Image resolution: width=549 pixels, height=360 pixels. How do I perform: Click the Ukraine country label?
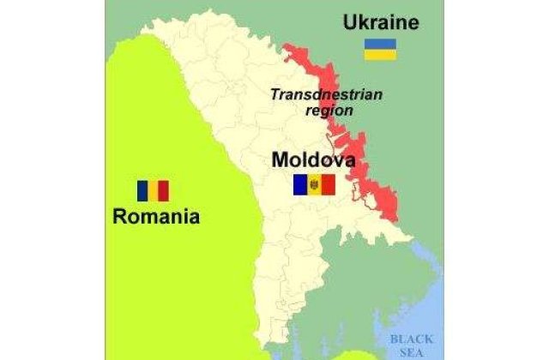tap(381, 21)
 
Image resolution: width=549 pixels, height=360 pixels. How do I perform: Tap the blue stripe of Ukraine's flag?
tap(378, 43)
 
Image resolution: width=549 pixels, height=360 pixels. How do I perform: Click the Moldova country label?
tap(313, 159)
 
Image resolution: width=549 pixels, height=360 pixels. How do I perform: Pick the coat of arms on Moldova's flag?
tap(313, 184)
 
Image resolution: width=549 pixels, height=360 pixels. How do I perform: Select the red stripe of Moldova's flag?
tap(328, 184)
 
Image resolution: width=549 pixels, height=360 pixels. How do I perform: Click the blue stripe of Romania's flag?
tap(141, 190)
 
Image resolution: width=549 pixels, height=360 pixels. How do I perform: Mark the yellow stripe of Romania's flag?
tap(153, 190)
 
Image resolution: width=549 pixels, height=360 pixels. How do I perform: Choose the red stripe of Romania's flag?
tap(164, 190)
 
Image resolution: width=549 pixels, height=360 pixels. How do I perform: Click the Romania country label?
tap(156, 216)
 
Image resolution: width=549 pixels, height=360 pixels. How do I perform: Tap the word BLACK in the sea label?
tap(412, 339)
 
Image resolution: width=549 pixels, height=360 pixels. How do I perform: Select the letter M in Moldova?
tap(281, 159)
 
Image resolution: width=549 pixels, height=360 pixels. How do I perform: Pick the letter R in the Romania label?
tap(119, 216)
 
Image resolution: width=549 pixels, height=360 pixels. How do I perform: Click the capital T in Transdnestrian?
tap(274, 94)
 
